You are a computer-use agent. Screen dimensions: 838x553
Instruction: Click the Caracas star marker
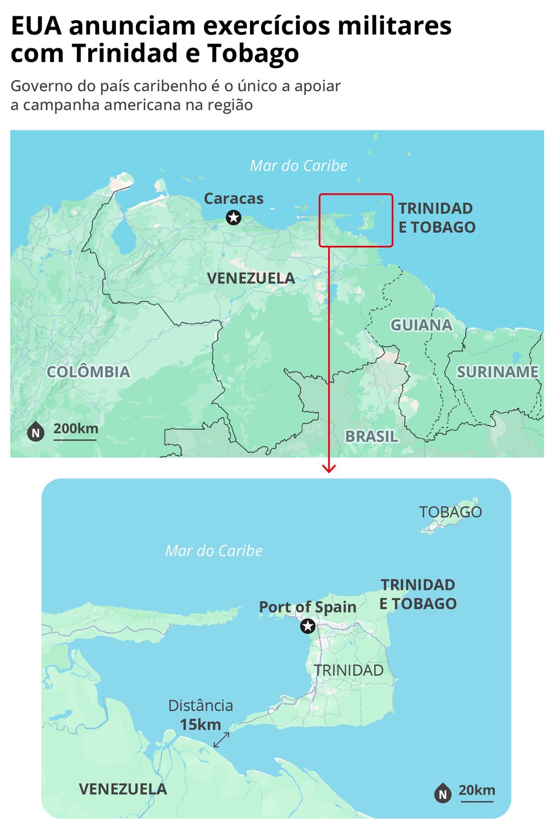coord(233,217)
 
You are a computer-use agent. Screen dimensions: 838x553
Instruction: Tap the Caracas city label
coord(233,199)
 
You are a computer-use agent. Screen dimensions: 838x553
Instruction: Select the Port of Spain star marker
coord(307,626)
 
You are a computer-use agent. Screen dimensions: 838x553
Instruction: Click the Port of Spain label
coord(307,607)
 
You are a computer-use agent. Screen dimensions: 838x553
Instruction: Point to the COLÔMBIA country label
coord(88,372)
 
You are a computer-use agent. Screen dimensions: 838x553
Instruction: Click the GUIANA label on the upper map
coord(421,325)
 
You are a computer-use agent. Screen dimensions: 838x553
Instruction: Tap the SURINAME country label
coord(497,372)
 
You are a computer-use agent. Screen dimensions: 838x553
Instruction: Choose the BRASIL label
coord(371,436)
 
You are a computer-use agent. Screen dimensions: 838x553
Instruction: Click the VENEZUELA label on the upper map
coord(251,278)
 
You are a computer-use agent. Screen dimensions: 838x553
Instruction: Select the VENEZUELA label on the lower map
coord(123,789)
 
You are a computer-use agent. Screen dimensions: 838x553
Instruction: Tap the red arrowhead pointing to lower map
coord(329,468)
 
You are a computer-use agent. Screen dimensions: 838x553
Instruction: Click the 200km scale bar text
coord(76,429)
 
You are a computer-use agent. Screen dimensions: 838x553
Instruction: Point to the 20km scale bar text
coord(477,790)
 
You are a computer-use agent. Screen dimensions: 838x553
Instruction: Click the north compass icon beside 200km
coord(36,432)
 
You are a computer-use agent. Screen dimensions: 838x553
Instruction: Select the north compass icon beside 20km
coord(443,794)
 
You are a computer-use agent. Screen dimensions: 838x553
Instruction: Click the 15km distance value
coord(201,724)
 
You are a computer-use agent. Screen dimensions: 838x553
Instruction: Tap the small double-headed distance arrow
coord(221,740)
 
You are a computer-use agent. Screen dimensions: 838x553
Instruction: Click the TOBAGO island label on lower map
coord(450,512)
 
